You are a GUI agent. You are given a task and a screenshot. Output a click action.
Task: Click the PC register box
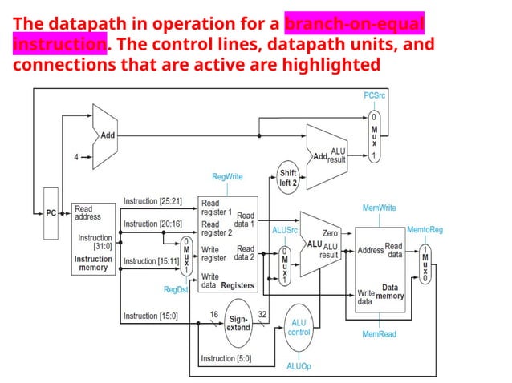click(50, 213)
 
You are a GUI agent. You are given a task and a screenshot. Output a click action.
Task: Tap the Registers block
click(228, 244)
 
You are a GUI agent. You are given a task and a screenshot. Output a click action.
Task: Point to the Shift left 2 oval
click(288, 178)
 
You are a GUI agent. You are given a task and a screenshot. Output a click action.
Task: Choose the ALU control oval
click(299, 327)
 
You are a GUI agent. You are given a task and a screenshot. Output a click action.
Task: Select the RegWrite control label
click(227, 175)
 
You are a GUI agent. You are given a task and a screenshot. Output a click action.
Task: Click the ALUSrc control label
click(285, 230)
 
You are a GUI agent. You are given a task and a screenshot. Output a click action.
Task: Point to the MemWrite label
click(379, 208)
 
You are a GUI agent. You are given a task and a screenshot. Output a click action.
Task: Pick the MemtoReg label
click(425, 230)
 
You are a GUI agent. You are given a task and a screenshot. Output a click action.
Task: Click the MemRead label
click(379, 333)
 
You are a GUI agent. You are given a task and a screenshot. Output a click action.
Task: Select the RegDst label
click(175, 289)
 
